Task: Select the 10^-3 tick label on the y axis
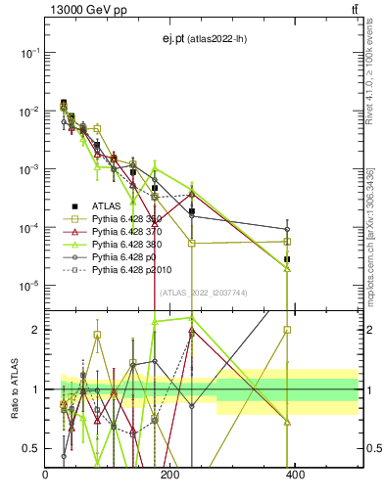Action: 28,169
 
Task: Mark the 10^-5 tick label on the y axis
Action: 28,286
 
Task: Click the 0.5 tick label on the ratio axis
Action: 31,449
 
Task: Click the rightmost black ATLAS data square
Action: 287,259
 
